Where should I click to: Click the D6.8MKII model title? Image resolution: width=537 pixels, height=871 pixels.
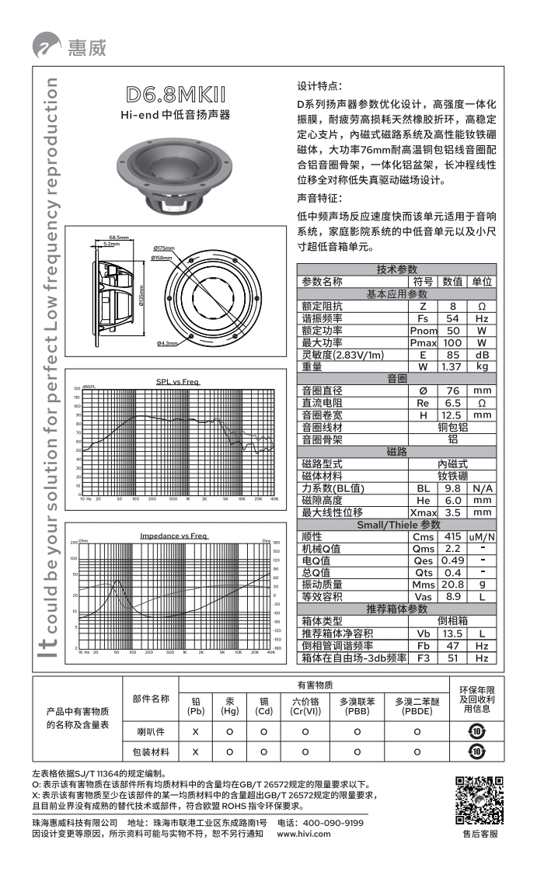176,95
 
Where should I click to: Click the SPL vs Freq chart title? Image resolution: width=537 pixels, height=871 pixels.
177,381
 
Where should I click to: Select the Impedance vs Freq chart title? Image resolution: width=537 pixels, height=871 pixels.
173,536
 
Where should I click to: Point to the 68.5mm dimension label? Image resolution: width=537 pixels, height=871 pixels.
119,238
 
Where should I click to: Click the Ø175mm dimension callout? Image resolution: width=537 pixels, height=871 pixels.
163,248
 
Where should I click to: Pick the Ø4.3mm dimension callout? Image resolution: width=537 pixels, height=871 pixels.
167,342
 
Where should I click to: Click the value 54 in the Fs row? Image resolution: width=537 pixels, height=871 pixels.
452,318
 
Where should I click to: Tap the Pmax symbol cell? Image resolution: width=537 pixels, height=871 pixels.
423,342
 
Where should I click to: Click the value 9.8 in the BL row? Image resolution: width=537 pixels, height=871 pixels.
452,488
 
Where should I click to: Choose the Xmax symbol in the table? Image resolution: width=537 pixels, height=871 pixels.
423,512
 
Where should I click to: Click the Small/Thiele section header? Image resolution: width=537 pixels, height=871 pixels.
398,525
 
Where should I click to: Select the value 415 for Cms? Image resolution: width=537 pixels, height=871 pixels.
452,536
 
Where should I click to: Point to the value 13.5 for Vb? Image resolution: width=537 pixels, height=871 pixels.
452,633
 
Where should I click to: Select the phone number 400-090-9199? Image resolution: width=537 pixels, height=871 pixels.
333,822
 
